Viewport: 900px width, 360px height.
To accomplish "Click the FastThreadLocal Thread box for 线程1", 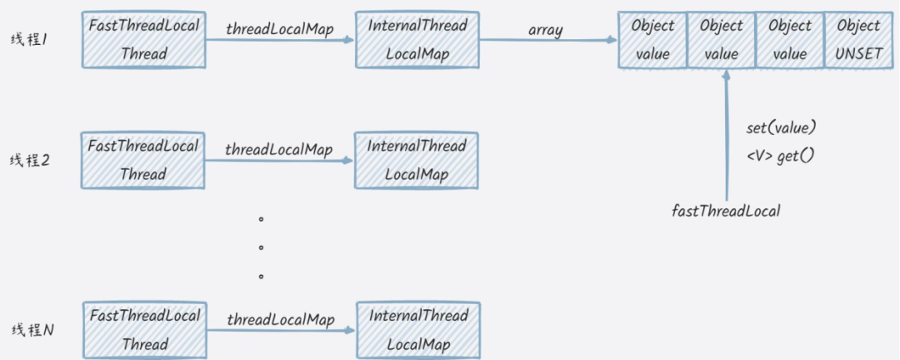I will pyautogui.click(x=143, y=40).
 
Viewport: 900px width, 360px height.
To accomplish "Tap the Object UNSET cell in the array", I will pyautogui.click(x=857, y=40).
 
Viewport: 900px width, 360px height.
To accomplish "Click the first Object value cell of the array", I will pyautogui.click(x=652, y=40).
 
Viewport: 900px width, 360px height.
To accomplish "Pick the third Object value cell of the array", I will pyautogui.click(x=789, y=40).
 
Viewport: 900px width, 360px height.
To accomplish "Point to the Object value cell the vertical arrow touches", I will pyautogui.click(x=722, y=40).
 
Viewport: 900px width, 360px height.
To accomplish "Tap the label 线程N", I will pyautogui.click(x=32, y=330).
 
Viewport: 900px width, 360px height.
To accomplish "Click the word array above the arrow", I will pyautogui.click(x=545, y=30).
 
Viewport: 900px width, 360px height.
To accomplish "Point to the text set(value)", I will pyautogui.click(x=780, y=129).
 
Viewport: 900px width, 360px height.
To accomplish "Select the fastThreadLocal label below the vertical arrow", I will pyautogui.click(x=726, y=211).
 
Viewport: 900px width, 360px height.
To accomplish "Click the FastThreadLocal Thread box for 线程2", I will pyautogui.click(x=143, y=160).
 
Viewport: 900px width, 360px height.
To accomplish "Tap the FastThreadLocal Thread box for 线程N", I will pyautogui.click(x=144, y=330).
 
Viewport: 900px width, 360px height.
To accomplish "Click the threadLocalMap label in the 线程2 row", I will pyautogui.click(x=278, y=149).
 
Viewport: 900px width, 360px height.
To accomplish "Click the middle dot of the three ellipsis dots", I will pyautogui.click(x=261, y=247).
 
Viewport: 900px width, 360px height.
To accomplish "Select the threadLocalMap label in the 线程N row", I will pyautogui.click(x=280, y=320).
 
